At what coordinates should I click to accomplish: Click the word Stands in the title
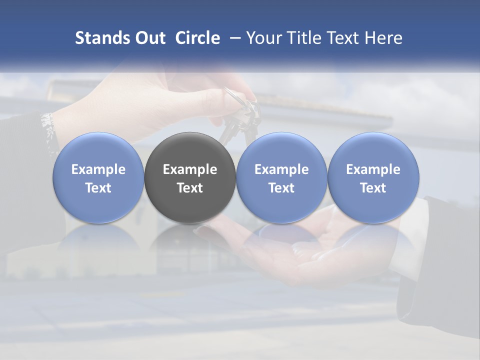pos(101,38)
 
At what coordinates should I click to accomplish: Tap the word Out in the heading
pos(149,38)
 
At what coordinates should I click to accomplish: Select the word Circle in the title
pos(197,38)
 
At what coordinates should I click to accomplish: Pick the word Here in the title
pos(383,38)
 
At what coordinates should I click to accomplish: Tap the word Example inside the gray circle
pos(190,169)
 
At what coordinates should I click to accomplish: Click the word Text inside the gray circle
pos(190,188)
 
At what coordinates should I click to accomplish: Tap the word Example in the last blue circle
pos(373,169)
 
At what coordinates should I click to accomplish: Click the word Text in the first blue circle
pos(98,188)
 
